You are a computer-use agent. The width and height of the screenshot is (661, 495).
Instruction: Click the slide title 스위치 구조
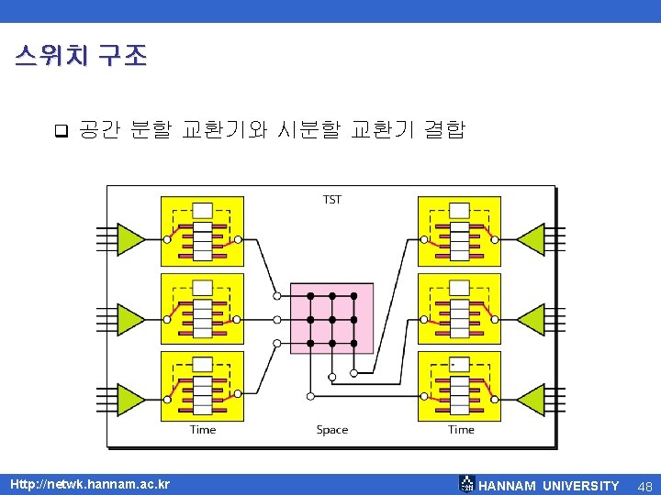[81, 57]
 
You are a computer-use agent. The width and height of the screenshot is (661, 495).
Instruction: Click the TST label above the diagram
[331, 199]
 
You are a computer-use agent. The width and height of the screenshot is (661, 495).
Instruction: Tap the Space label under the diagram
[331, 429]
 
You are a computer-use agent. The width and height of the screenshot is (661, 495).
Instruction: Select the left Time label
[203, 429]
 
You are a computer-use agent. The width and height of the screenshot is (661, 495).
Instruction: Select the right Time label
[461, 429]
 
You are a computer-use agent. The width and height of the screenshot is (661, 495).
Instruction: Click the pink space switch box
[331, 318]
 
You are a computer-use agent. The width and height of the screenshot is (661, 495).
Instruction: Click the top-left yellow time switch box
[202, 230]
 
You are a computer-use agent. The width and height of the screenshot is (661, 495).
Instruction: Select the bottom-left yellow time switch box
[202, 386]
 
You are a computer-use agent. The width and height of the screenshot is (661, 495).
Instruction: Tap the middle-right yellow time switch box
[459, 308]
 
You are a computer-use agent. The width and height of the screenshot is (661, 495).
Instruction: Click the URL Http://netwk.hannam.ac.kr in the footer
[90, 484]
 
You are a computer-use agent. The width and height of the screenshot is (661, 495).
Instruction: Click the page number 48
[644, 485]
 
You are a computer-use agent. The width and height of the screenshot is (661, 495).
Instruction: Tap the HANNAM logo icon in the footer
[467, 484]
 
